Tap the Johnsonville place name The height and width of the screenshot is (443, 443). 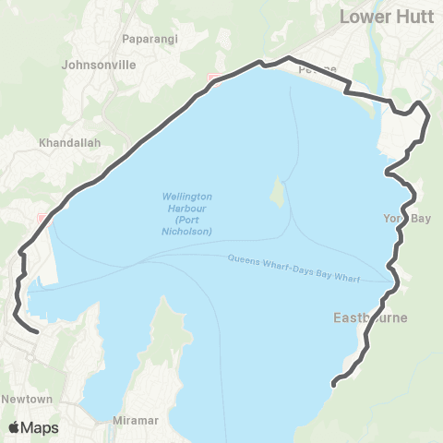tap(97, 66)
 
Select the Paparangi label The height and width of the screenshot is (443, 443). tap(150, 40)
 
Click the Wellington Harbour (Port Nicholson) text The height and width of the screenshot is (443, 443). tap(187, 214)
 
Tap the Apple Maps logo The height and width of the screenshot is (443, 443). tap(33, 427)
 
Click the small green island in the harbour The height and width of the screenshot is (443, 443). tap(276, 192)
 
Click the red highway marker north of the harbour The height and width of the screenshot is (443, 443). tap(214, 78)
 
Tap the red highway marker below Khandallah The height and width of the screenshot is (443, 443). tap(42, 217)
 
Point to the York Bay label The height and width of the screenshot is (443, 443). tap(407, 219)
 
